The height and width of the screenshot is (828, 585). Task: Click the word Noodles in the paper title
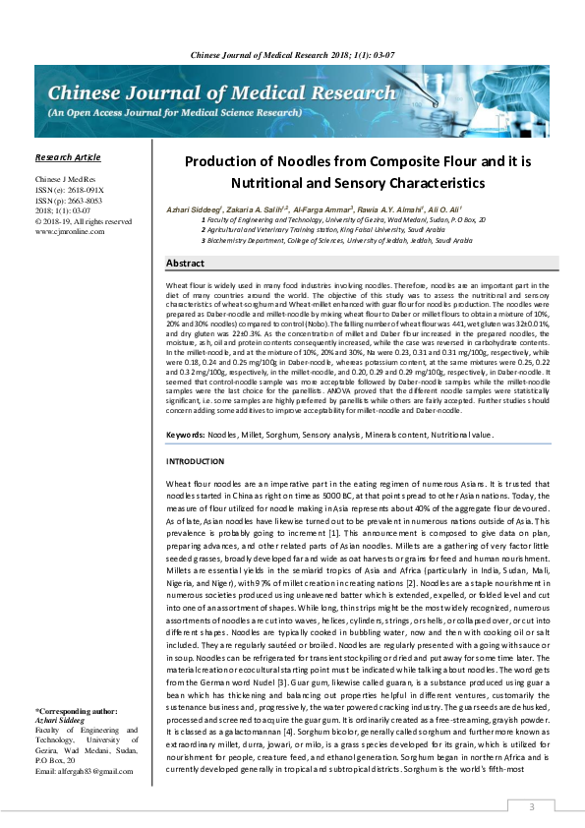300,162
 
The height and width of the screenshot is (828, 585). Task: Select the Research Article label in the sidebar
67,157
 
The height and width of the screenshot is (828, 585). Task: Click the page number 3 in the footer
532,806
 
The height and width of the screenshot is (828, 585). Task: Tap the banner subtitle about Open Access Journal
169,113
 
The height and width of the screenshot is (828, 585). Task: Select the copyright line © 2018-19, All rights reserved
83,221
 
